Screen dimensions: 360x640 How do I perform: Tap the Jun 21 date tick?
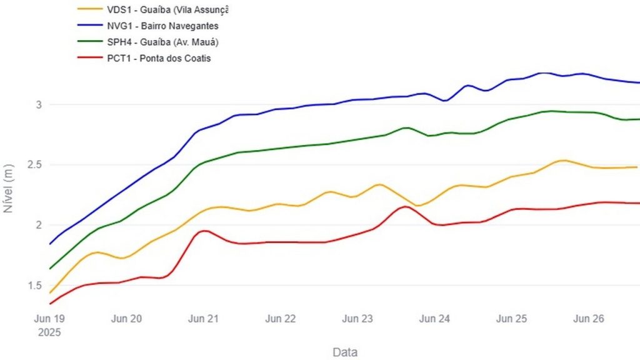pos(203,319)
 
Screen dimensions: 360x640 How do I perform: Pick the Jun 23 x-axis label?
pos(357,319)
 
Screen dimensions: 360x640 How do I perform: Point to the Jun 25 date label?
pos(512,319)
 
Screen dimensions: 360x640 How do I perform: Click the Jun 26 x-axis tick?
pos(589,319)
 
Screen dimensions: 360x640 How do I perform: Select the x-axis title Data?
pos(345,352)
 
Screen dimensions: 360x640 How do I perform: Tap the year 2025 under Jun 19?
pos(49,332)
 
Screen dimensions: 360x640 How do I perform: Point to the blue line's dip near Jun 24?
pos(444,101)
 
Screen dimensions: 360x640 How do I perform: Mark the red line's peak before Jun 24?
pos(405,206)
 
